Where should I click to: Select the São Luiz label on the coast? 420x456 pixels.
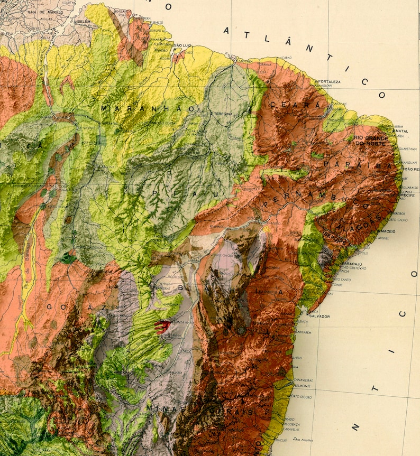pos(182,46)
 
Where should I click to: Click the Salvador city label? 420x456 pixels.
pos(319,316)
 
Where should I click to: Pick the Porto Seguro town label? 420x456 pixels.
pos(302,397)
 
